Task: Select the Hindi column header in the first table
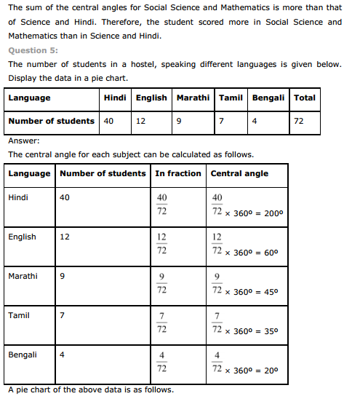(115, 98)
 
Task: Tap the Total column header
(305, 98)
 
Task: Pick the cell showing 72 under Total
(299, 121)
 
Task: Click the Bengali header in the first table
(269, 98)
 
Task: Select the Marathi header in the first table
(193, 98)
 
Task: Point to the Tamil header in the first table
(231, 98)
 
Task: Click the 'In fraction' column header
(178, 173)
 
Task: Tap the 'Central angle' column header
(239, 173)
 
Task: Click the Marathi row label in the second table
(23, 276)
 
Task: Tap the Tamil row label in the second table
(19, 315)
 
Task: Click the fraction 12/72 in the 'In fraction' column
(161, 244)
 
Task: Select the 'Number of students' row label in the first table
(51, 121)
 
